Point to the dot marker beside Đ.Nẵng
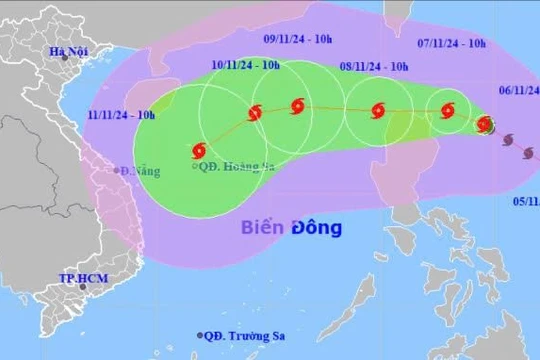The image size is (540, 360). point(116,171)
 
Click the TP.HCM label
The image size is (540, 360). point(82,278)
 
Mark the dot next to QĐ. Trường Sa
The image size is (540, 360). point(200,336)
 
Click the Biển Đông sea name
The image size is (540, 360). point(291,227)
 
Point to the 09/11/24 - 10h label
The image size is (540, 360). point(297,41)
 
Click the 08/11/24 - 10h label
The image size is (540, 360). point(373,66)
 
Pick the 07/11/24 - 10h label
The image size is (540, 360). point(451,43)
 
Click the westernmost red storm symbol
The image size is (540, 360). point(198,151)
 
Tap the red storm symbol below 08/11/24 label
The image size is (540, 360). point(377,111)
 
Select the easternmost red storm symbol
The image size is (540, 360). point(485,125)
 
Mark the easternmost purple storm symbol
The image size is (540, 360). point(529,153)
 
